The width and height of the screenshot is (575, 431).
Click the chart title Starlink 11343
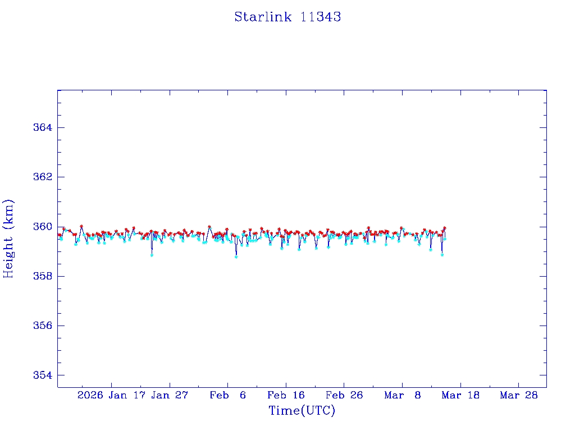pos(287,17)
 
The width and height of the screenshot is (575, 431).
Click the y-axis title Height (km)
pos(8,239)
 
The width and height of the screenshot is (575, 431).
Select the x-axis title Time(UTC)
pos(302,411)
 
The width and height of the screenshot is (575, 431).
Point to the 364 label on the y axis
pos(42,128)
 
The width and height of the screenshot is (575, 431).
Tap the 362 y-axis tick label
pos(42,177)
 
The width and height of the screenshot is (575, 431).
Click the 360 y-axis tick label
pos(42,227)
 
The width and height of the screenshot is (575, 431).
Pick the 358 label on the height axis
pos(42,276)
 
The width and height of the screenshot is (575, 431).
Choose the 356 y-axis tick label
pos(42,325)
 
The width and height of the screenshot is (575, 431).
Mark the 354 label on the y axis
pos(42,375)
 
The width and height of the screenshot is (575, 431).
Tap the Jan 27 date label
pos(170,395)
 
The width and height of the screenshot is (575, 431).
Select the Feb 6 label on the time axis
pos(227,395)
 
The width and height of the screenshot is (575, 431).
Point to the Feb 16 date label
pos(286,395)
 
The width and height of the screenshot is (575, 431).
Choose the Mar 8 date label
pos(403,395)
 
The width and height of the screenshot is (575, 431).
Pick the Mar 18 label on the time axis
pos(460,395)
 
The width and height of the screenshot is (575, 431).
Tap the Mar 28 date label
pos(519,395)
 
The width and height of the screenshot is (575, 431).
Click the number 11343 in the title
pos(321,17)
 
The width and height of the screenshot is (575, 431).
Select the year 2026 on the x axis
pos(90,395)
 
